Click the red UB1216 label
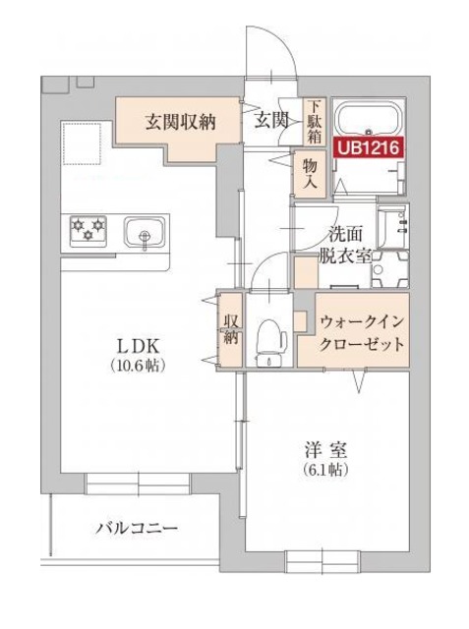(370, 149)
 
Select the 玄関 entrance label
(271, 121)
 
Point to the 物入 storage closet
(309, 175)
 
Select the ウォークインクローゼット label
(363, 333)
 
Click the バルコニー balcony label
(137, 529)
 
